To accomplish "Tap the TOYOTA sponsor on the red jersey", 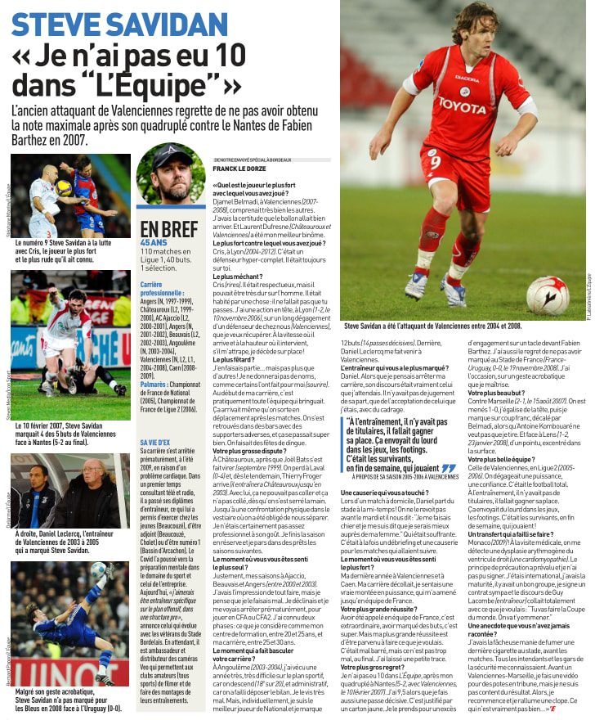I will coord(462,104).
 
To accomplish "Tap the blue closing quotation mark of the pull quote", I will coord(448,468).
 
